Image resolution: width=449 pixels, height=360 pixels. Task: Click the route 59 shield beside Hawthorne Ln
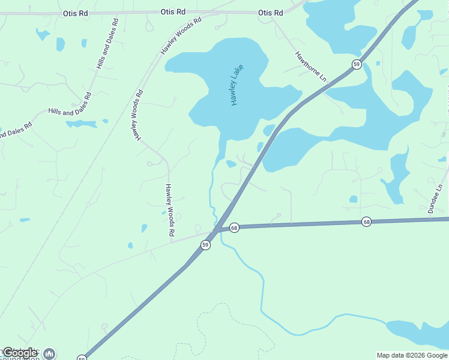357,64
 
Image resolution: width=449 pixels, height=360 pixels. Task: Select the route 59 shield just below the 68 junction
205,245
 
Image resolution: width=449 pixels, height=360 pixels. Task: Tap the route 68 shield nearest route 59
234,228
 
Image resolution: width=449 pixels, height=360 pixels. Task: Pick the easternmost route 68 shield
366,222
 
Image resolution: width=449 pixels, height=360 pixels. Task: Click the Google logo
20,353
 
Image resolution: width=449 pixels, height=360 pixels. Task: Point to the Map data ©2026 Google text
412,355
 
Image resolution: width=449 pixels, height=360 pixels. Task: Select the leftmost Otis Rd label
74,13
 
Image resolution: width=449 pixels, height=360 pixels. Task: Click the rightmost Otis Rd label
270,13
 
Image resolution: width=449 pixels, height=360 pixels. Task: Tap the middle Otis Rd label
173,12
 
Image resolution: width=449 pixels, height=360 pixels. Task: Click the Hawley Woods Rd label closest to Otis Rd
181,37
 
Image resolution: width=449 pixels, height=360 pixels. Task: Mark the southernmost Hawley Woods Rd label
170,209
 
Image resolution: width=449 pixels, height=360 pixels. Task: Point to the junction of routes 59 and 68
216,229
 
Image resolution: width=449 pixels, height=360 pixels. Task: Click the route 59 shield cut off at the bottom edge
82,358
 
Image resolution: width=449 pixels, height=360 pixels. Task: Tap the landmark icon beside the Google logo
49,354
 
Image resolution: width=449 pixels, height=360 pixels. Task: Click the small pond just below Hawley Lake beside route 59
231,164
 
